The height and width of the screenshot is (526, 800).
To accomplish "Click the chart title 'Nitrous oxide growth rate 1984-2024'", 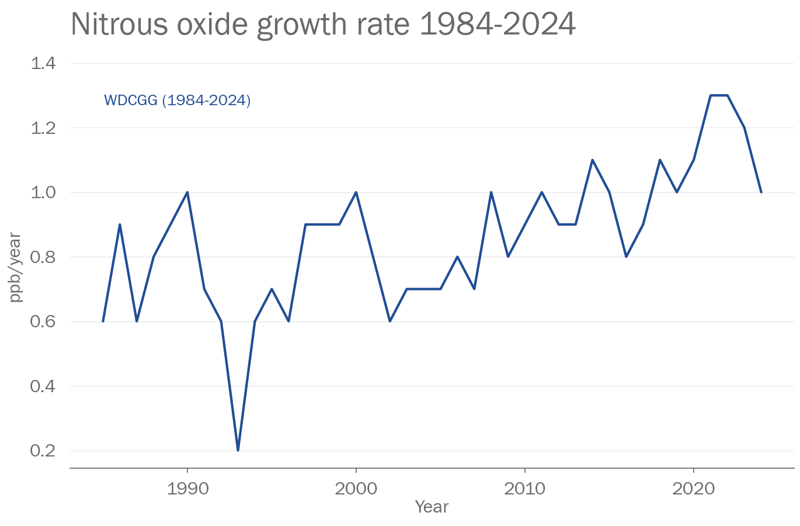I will coord(323,25).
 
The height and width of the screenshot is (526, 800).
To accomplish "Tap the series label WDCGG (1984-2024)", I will coord(177,101).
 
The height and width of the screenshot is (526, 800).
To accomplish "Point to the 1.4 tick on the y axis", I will coord(43,63).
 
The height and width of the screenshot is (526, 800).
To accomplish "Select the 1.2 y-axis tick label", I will coord(43,127).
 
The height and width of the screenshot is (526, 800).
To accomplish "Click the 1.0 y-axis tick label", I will coord(43,192).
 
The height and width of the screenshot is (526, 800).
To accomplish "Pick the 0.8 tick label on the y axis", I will coord(43,257).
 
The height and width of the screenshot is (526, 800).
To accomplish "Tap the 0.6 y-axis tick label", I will coord(43,321).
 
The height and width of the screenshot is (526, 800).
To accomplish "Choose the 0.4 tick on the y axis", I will coord(43,386).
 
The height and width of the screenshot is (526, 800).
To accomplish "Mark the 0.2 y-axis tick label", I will coord(43,451).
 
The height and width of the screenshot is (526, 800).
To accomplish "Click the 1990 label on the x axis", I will coord(187,489).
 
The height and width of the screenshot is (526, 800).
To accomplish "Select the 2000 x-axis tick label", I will coord(356,489).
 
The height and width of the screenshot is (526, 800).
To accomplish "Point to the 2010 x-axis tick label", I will coord(525,489).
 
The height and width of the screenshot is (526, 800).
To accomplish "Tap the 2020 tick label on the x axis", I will coord(693,489).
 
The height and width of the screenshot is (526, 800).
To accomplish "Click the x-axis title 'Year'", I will coord(432,507).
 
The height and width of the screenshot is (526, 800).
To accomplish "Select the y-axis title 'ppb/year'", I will coord(16,268).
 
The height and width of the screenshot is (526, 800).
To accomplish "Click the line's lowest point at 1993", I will coord(238,450).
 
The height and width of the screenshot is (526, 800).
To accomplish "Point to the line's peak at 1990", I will coord(187,192).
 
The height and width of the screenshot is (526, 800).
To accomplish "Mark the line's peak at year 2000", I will coord(356,192).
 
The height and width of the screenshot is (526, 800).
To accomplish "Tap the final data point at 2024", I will coord(761,192).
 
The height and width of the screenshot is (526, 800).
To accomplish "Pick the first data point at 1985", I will coord(103,321).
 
